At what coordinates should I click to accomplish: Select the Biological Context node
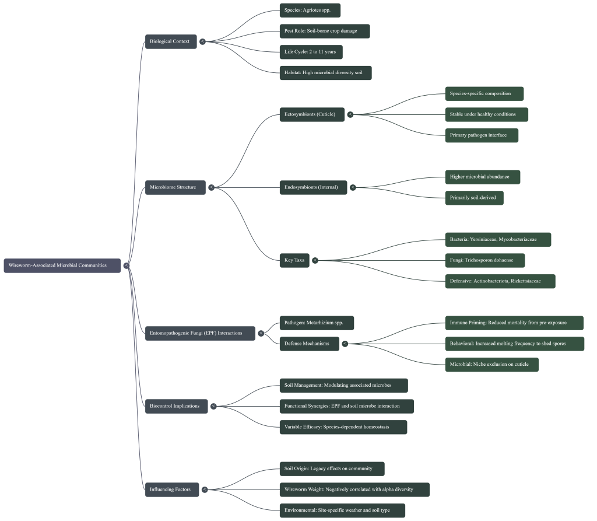(170, 41)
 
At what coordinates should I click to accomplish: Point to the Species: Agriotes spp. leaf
(310, 11)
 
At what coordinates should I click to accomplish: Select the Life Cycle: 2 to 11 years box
(311, 52)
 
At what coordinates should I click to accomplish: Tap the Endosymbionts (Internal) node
(313, 187)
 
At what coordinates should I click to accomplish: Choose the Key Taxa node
(294, 260)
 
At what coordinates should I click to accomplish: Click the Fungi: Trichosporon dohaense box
(484, 260)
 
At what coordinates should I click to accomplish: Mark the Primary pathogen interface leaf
(481, 135)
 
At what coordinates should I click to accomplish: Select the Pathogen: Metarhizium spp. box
(317, 323)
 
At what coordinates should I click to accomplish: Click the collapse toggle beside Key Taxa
(315, 260)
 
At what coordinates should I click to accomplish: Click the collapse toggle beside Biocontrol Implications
(213, 406)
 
